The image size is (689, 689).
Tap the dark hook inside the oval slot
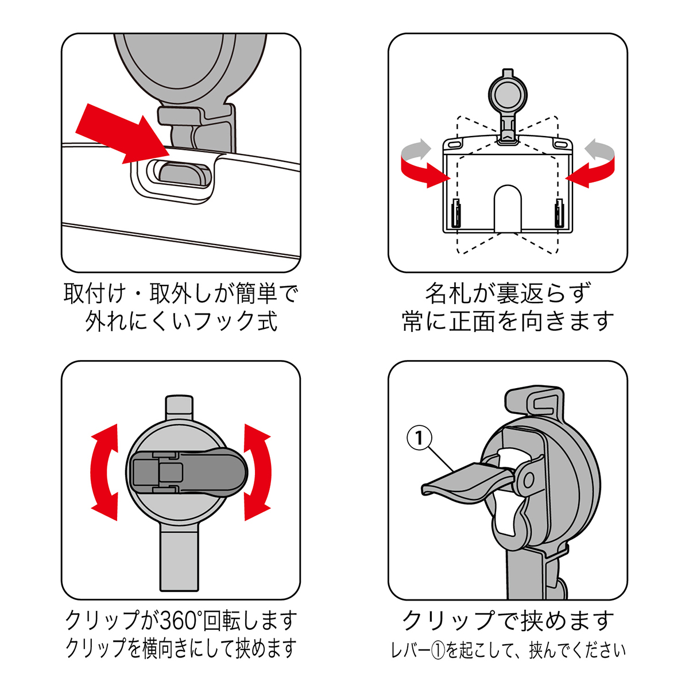183,173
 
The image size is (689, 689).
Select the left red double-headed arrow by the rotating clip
105,472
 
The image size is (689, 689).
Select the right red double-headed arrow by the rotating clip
257,472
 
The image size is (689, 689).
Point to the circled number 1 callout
419,438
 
